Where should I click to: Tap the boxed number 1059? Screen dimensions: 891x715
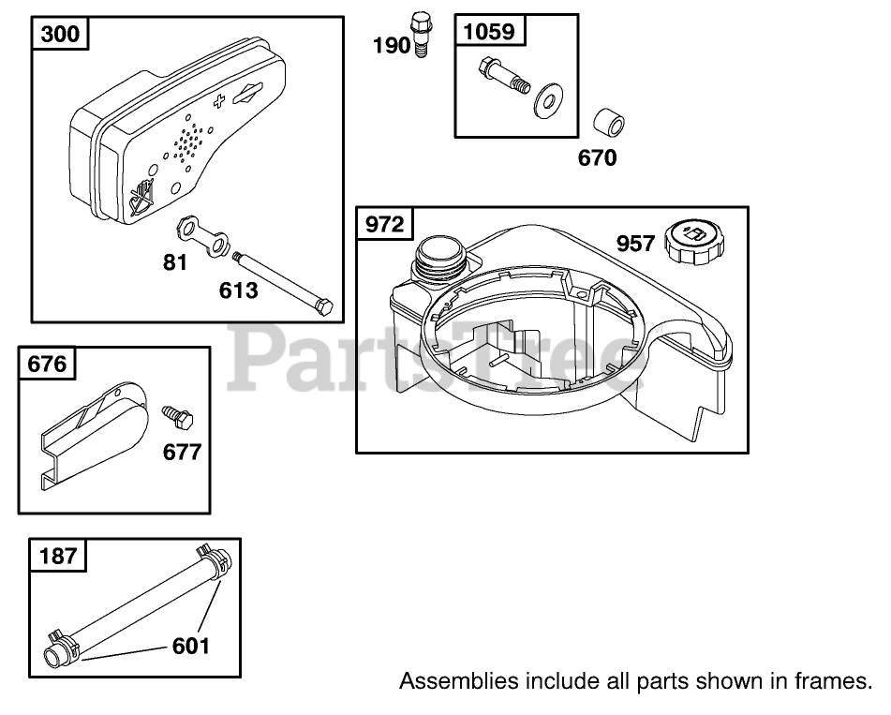[x=489, y=32]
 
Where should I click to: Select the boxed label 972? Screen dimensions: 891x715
[x=385, y=225]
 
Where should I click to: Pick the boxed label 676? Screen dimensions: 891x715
[x=48, y=364]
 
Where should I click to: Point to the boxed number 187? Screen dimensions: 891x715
[x=58, y=557]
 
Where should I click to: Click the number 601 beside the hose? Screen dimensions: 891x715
[x=190, y=645]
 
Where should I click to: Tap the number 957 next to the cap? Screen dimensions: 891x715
[x=635, y=244]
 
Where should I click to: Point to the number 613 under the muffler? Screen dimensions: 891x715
[x=238, y=290]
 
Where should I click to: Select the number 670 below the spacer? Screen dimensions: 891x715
[x=597, y=158]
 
